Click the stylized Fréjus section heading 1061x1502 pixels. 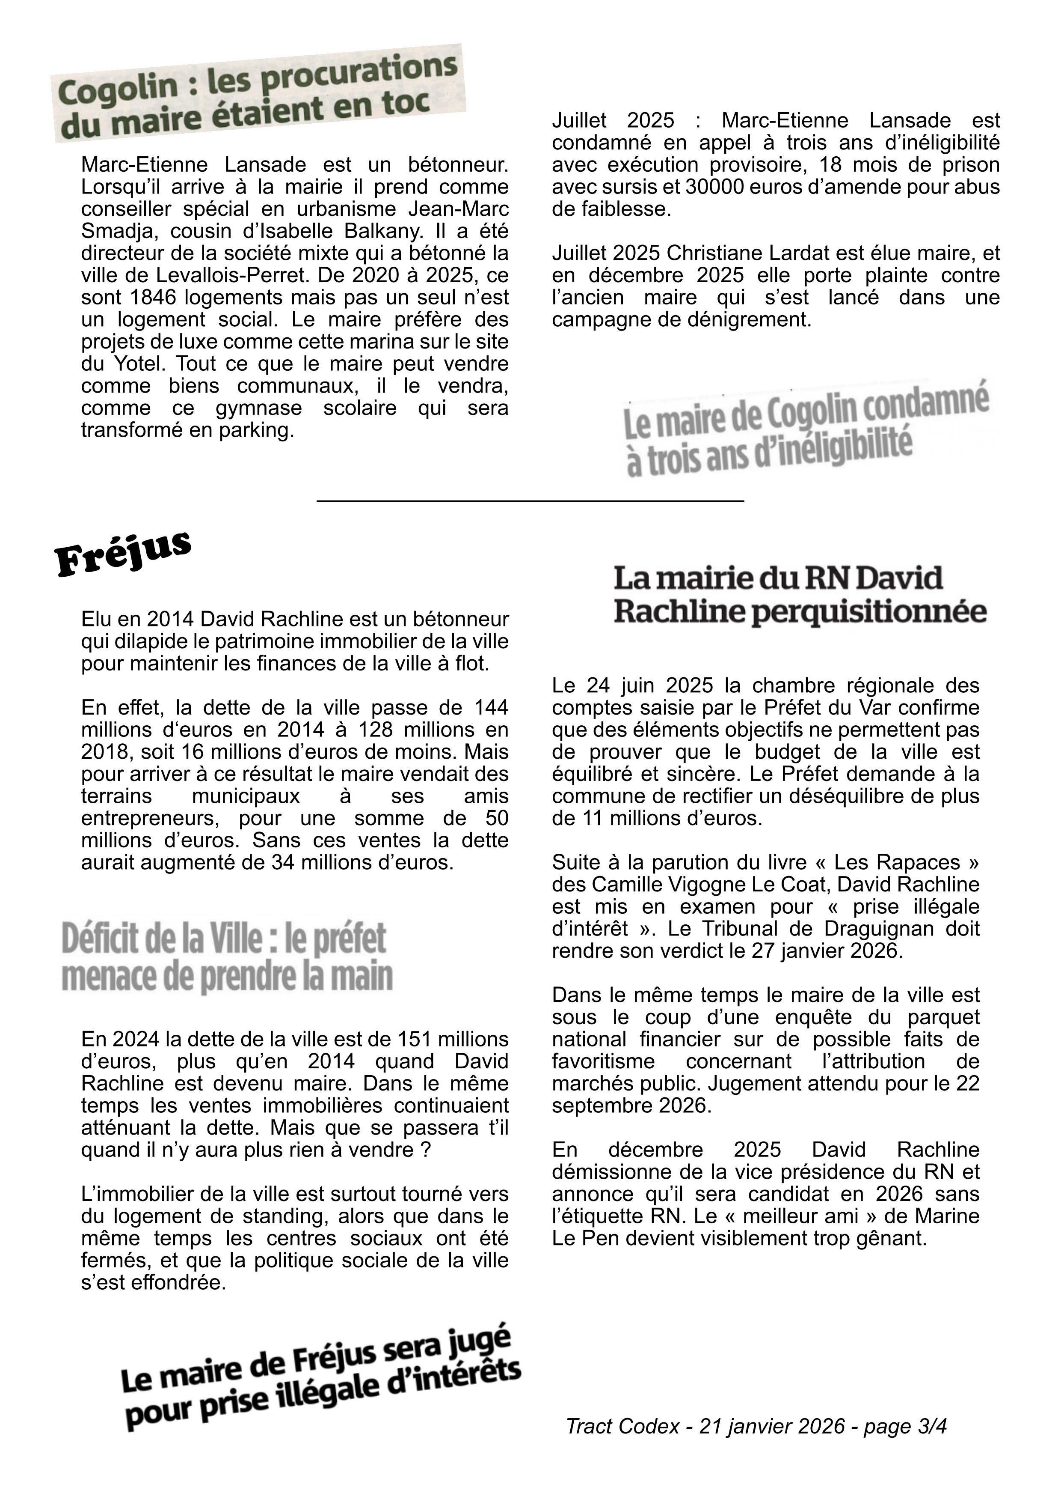pyautogui.click(x=122, y=553)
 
